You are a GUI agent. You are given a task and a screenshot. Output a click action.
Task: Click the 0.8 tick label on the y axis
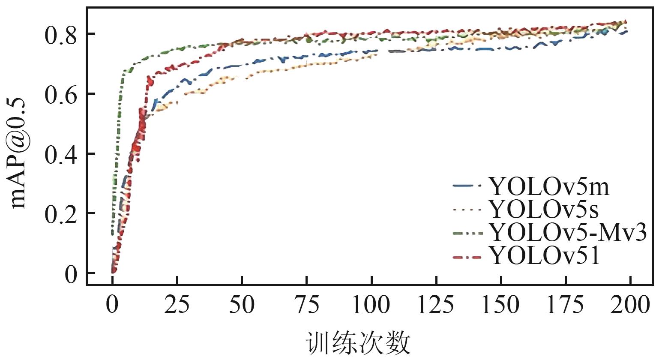(x=61, y=35)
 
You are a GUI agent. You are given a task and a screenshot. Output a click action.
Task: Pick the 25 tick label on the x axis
(x=177, y=306)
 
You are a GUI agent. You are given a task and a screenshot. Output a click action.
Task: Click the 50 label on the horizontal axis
(x=242, y=306)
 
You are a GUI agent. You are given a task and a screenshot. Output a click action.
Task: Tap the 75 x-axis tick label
(x=306, y=306)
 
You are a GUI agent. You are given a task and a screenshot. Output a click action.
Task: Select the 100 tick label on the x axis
(x=371, y=306)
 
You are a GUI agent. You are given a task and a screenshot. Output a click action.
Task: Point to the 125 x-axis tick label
(x=436, y=306)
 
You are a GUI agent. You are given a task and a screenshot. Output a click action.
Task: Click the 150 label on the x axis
(x=501, y=306)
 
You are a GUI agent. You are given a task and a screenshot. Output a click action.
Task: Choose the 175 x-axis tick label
(x=566, y=306)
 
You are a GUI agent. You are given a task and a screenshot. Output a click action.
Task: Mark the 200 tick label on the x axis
(x=630, y=306)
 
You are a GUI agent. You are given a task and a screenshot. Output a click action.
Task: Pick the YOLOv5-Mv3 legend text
(x=568, y=233)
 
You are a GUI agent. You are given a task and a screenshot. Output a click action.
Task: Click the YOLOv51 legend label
(x=544, y=256)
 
